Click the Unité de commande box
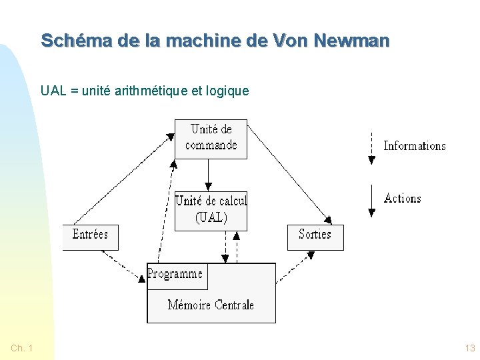(211, 139)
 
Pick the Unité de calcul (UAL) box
(211, 210)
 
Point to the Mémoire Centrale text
(211, 305)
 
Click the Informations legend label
(415, 146)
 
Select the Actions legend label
(403, 199)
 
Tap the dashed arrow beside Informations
(371, 147)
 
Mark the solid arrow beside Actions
(371, 200)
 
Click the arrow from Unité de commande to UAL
(208, 175)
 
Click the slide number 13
(470, 348)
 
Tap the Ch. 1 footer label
(22, 348)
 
